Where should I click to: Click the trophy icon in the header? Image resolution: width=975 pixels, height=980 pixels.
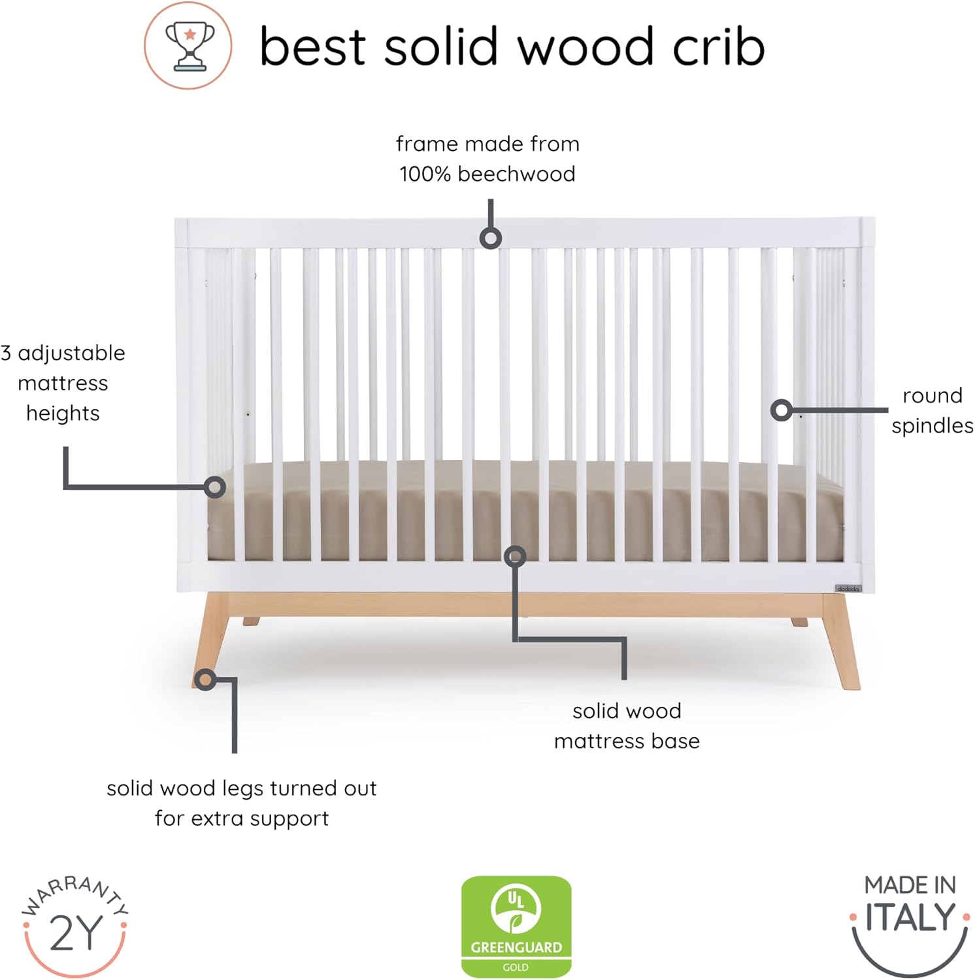point(188,46)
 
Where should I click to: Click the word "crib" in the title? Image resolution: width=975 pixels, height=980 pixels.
point(718,47)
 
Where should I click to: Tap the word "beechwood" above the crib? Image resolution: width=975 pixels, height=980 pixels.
point(516,174)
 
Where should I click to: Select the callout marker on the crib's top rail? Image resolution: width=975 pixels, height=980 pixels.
point(490,238)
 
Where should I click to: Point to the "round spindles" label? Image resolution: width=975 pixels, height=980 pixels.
point(932,410)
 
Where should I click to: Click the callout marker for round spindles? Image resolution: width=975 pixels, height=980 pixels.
point(781,410)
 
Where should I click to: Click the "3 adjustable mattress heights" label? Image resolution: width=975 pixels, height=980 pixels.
point(63,383)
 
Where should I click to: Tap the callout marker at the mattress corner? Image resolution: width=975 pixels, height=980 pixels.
point(214,487)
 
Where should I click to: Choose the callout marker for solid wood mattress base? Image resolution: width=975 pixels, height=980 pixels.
point(515,556)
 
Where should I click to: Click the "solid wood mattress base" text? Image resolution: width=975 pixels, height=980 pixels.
point(627,726)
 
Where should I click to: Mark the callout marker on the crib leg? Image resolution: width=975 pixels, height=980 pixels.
point(205,680)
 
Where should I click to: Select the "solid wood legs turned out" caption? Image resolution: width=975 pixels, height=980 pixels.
point(242,803)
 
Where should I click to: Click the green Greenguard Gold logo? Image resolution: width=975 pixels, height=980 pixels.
point(516,926)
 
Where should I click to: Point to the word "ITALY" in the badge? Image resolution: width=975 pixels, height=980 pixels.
point(910,918)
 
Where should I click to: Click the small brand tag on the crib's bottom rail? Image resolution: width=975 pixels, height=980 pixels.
point(848,589)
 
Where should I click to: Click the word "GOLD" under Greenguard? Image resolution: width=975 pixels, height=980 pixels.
point(516,967)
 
